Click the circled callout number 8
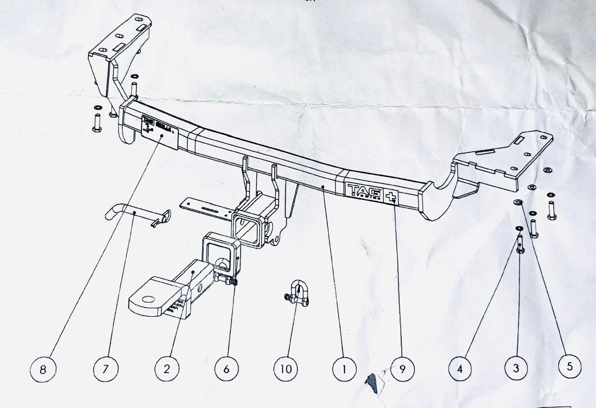tap(43, 369)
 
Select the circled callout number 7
tap(106, 369)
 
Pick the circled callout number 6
tap(226, 369)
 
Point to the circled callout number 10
tap(285, 369)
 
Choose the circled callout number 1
tap(345, 369)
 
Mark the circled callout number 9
tap(403, 369)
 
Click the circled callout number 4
tap(461, 369)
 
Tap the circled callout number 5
tap(569, 367)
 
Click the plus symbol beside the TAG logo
tap(390, 196)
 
